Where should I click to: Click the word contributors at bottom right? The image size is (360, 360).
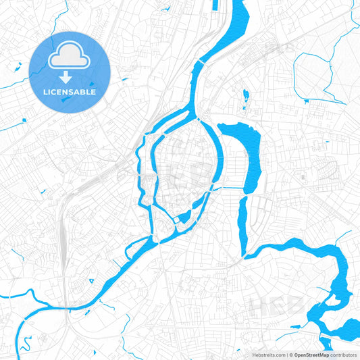[344, 354]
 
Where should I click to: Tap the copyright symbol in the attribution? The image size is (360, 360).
[291, 354]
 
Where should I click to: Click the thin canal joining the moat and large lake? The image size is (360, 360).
[230, 187]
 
